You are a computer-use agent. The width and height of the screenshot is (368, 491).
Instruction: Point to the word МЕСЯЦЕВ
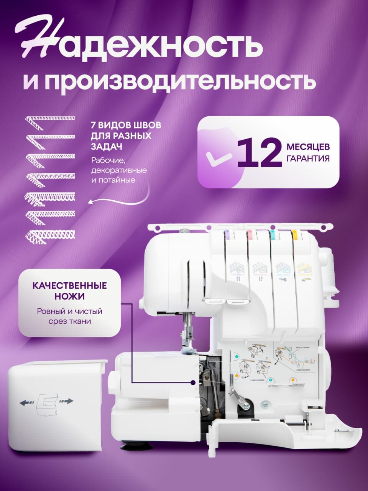click(x=308, y=147)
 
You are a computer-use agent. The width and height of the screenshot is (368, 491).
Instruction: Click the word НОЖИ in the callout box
click(x=69, y=297)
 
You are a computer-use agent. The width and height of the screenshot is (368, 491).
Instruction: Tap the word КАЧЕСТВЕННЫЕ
click(x=69, y=286)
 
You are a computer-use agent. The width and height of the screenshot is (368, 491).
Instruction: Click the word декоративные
click(x=119, y=170)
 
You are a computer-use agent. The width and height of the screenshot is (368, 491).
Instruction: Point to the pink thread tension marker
click(x=250, y=232)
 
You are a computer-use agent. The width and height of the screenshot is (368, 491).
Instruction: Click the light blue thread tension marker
click(x=272, y=232)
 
